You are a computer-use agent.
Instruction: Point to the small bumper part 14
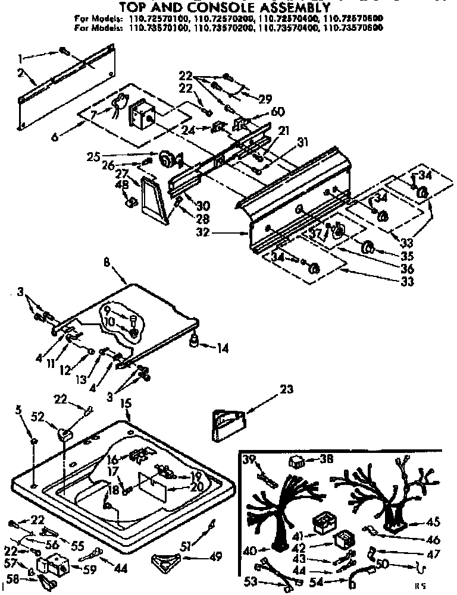195,342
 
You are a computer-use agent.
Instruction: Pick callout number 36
407,269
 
